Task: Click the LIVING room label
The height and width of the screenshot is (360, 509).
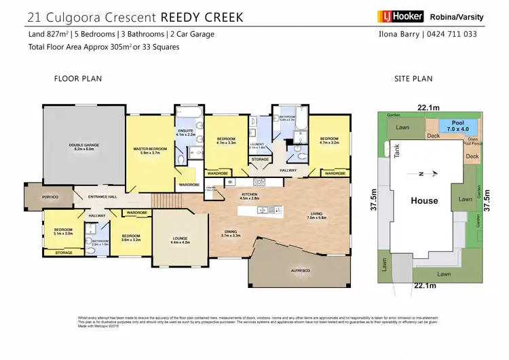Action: click(x=317, y=215)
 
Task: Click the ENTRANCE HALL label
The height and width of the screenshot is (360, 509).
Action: click(x=103, y=197)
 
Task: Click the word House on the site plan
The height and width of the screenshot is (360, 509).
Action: click(x=424, y=200)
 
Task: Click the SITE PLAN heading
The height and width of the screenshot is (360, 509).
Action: click(x=413, y=79)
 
